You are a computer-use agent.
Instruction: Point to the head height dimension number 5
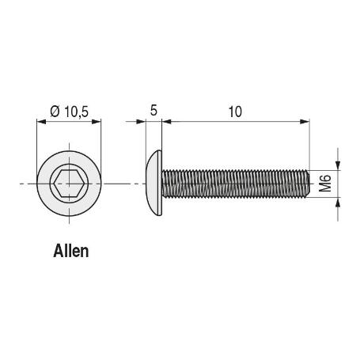pos(153,112)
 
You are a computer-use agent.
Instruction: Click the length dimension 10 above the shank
pos(234,112)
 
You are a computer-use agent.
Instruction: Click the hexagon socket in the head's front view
pos(70,184)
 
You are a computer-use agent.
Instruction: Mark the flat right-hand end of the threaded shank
pos(307,184)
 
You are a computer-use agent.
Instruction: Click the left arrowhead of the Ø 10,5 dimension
pos(42,121)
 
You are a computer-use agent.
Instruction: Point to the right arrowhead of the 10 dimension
pos(303,121)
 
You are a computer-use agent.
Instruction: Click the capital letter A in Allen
pos(58,252)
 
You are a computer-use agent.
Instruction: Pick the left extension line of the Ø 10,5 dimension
pos(37,142)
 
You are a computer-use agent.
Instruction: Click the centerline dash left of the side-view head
pos(134,184)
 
